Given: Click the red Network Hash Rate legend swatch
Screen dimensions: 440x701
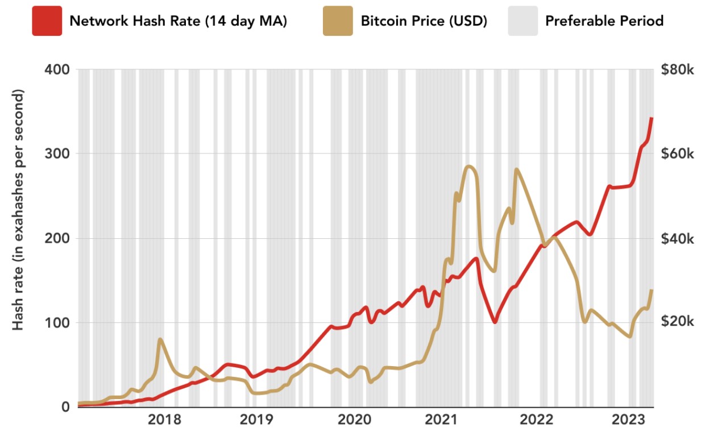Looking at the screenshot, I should [47, 21].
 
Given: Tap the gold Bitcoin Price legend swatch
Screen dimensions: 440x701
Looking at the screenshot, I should [338, 21].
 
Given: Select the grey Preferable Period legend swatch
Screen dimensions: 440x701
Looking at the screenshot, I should [522, 21].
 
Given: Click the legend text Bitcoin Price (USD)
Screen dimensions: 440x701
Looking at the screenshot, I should [424, 22].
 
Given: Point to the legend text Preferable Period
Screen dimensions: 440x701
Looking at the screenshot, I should [604, 22].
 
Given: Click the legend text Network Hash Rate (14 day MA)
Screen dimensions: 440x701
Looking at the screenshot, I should [178, 22].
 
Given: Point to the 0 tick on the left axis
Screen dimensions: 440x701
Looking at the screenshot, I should [64, 407].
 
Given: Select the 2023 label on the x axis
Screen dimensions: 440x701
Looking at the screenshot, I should [628, 421].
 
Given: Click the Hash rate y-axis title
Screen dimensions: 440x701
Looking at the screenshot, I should [19, 210].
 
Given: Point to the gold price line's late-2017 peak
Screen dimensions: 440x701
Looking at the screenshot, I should [160, 339].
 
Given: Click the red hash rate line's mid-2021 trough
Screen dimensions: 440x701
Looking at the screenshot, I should [495, 322].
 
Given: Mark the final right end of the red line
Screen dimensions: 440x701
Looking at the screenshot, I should [652, 118].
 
